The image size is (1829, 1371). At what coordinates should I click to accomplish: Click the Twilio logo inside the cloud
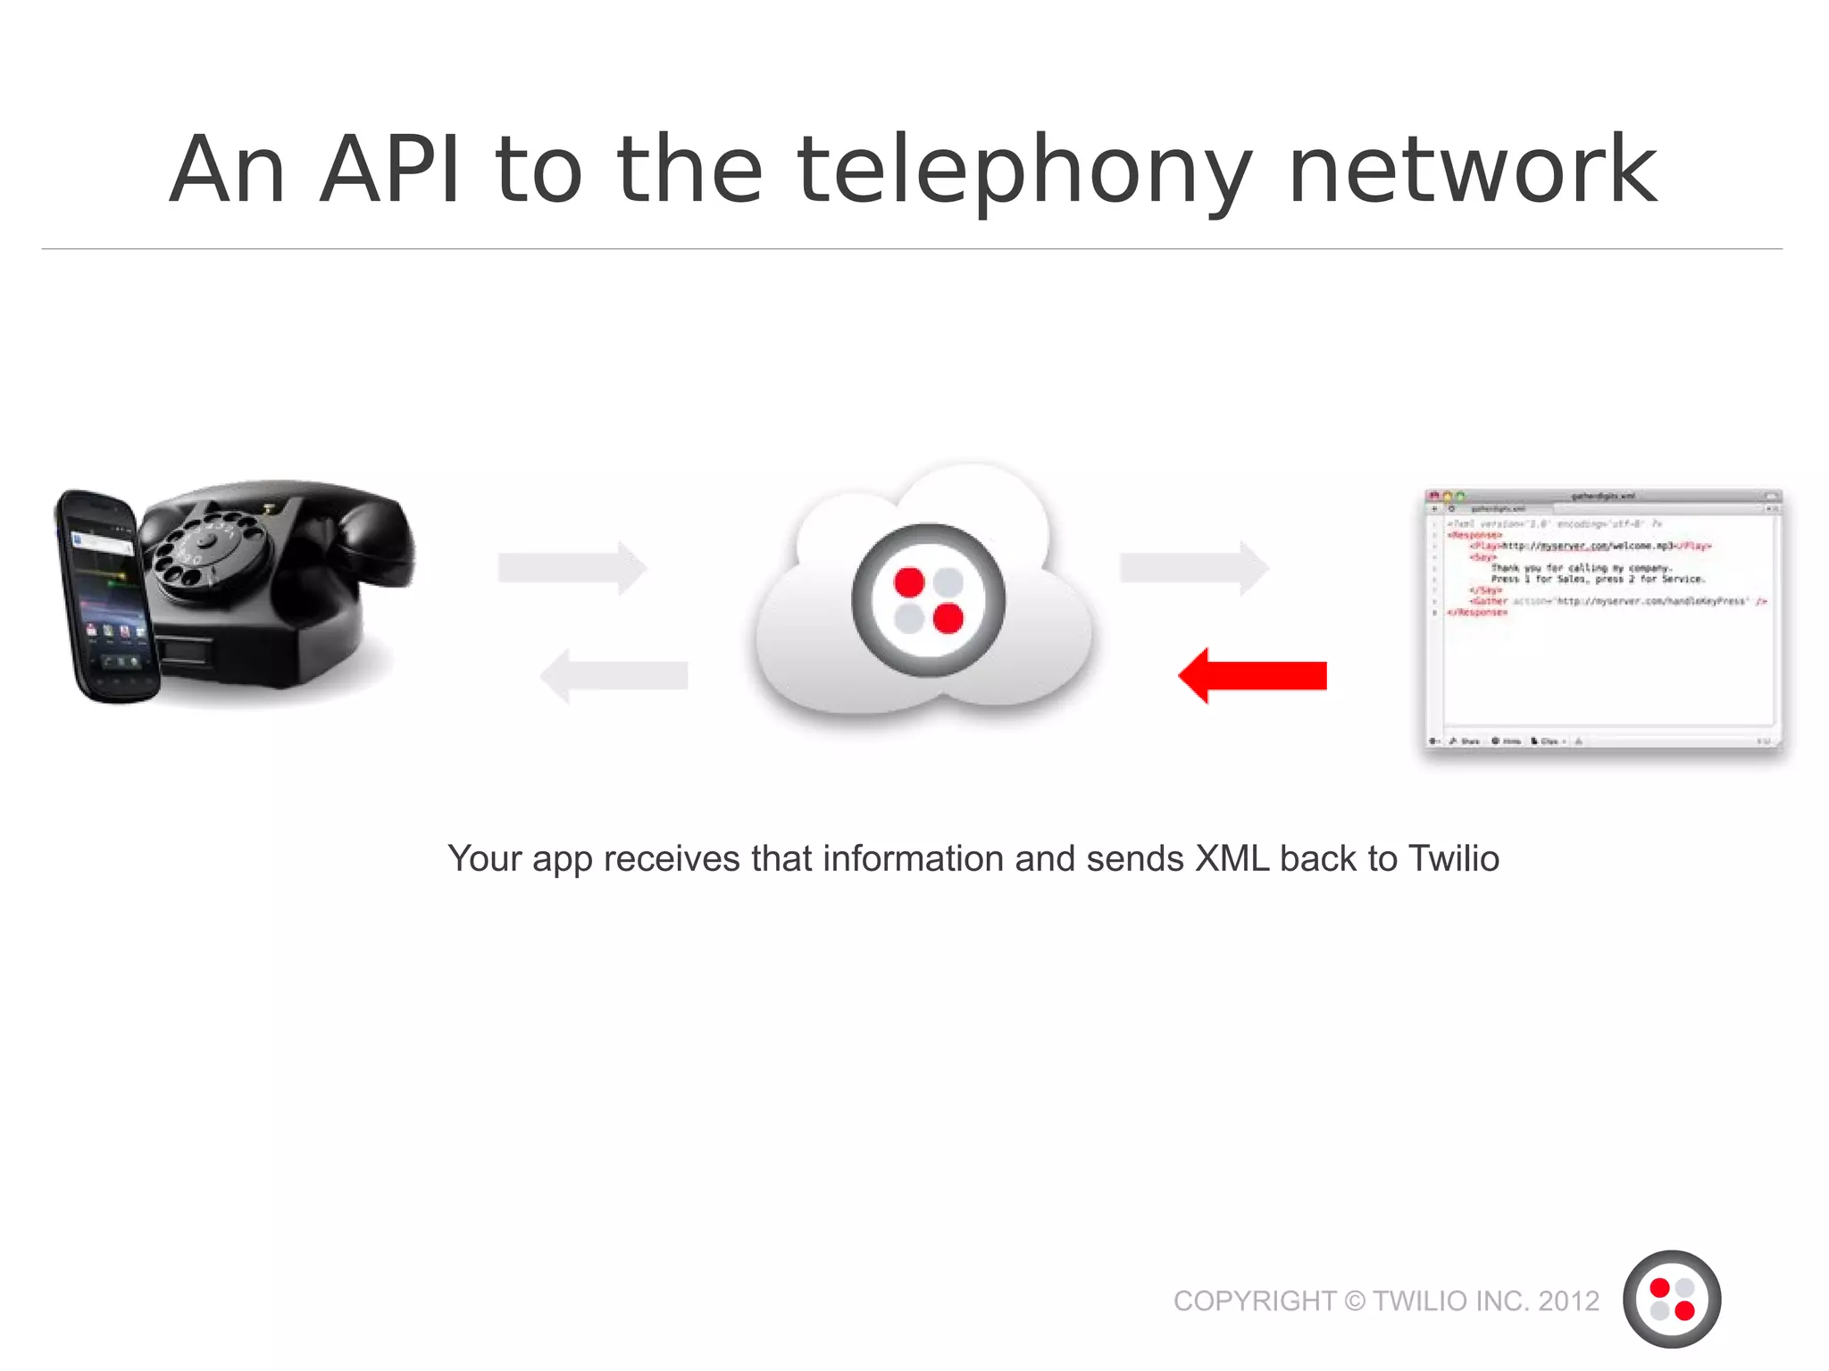tap(928, 599)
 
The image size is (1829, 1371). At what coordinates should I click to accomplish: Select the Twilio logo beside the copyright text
tap(1671, 1299)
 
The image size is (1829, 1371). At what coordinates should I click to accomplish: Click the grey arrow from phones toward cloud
tap(572, 567)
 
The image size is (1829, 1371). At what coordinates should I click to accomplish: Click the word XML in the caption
tap(1232, 858)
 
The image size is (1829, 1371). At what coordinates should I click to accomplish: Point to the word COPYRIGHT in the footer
tap(1254, 1301)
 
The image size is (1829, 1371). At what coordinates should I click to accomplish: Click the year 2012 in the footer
tap(1568, 1301)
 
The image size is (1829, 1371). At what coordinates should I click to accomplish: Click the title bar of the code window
tap(1602, 496)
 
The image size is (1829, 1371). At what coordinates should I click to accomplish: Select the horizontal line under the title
tap(911, 249)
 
